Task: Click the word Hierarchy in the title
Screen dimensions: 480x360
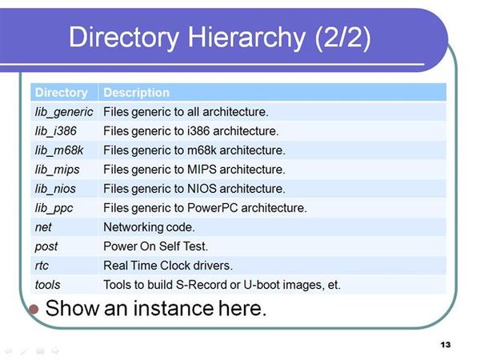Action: pyautogui.click(x=246, y=38)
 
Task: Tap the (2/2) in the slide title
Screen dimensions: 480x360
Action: pyautogui.click(x=343, y=38)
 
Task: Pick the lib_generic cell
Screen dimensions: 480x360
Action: pyautogui.click(x=64, y=112)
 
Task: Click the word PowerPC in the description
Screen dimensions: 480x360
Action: pyautogui.click(x=213, y=208)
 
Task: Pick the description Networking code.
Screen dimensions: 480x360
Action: pyautogui.click(x=149, y=227)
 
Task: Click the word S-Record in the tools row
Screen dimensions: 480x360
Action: pyautogui.click(x=201, y=285)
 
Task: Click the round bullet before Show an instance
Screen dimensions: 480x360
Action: pyautogui.click(x=34, y=309)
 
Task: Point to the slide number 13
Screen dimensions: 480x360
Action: pyautogui.click(x=446, y=345)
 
